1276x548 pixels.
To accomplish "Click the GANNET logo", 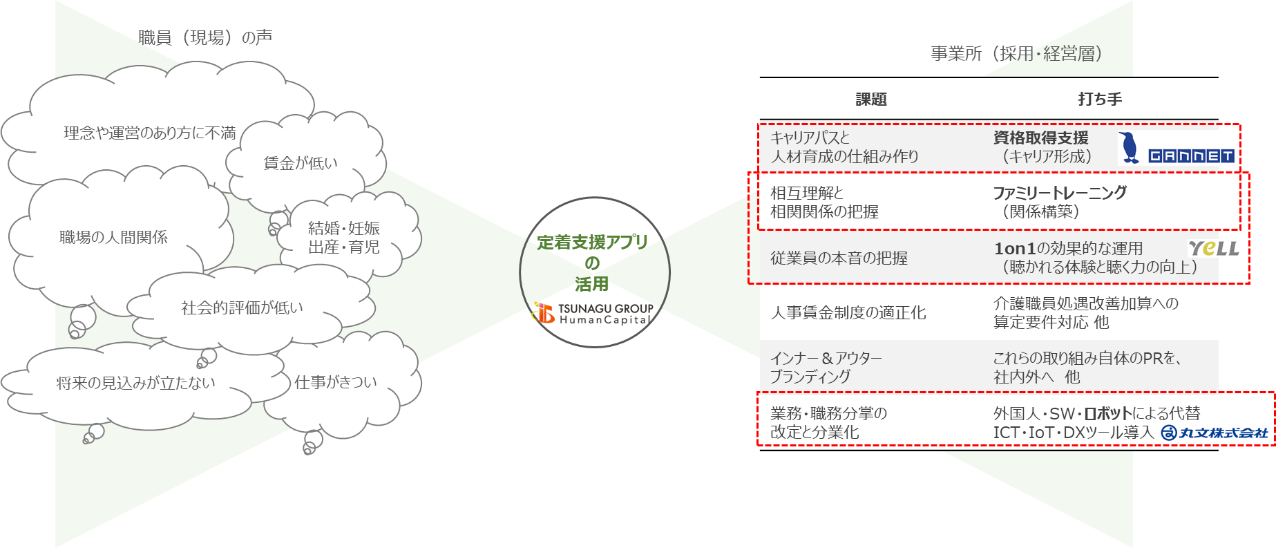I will tap(1191, 156).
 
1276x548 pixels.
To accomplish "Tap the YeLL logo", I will tap(1213, 248).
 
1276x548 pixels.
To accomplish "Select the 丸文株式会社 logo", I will tap(1215, 433).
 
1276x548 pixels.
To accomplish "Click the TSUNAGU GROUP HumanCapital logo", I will tap(593, 313).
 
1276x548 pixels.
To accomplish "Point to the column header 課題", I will tap(870, 100).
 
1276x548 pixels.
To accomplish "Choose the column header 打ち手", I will tap(1100, 100).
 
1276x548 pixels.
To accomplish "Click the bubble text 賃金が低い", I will tap(301, 163).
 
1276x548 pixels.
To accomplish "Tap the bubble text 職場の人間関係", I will tap(113, 237).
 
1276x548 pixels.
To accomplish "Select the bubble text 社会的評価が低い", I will tap(242, 308).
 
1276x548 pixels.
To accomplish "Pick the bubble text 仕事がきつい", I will tap(336, 382).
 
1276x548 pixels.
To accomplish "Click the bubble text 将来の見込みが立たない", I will tap(135, 383).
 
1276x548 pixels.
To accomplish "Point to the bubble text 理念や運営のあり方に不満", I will tap(150, 133).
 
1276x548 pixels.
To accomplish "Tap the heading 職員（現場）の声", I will tap(205, 37).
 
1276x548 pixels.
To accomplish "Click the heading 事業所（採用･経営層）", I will tap(1016, 54).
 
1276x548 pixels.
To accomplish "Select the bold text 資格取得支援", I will tap(1040, 138).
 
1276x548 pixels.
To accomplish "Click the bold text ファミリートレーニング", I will tap(1060, 193).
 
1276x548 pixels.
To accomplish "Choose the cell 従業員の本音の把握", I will tap(839, 258).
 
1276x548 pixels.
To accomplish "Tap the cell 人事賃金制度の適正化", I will tap(848, 312).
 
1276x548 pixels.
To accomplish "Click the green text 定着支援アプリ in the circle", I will tap(592, 242).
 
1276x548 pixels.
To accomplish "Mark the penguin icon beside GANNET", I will tap(1130, 147).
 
